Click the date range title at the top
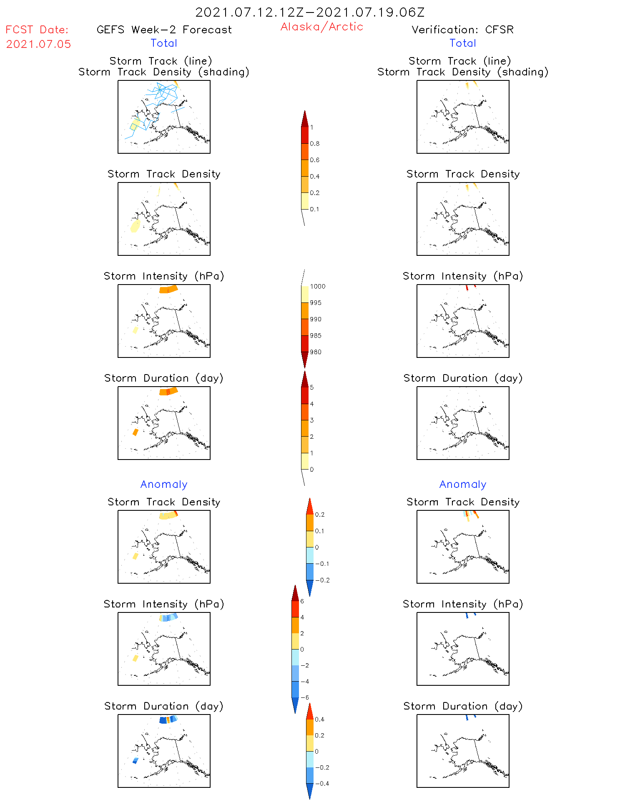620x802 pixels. [310, 12]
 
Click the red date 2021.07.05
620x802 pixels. [38, 44]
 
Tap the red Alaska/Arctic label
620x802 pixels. [321, 27]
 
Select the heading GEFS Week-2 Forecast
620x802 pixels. [164, 30]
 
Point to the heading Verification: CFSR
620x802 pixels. [462, 30]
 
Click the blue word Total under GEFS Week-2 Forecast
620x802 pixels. [164, 43]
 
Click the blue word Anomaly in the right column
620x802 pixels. [463, 484]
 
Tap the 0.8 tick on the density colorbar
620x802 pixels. [315, 144]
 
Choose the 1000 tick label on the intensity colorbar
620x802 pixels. [317, 287]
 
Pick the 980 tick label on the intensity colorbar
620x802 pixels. [316, 352]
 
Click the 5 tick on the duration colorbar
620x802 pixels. [311, 387]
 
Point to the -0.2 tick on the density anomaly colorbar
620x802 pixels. [322, 580]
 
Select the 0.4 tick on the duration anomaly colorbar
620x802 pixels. [319, 719]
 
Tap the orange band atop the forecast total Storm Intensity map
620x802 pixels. [168, 289]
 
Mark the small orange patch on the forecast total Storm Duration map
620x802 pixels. [135, 432]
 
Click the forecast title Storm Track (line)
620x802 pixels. [161, 61]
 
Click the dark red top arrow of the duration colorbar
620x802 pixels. [305, 379]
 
